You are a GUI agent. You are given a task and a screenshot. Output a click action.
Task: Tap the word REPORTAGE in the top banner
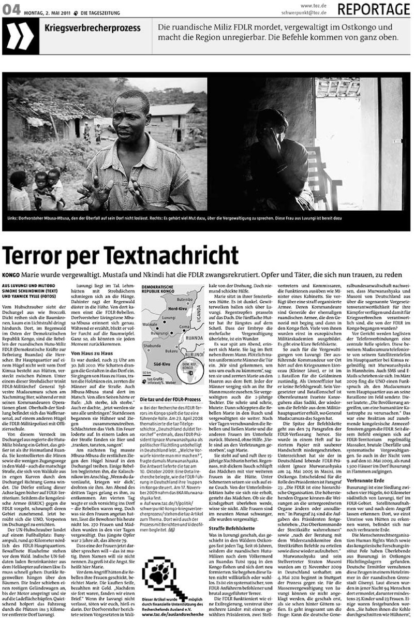[374, 9]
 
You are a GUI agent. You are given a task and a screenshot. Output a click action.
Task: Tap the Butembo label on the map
[185, 300]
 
